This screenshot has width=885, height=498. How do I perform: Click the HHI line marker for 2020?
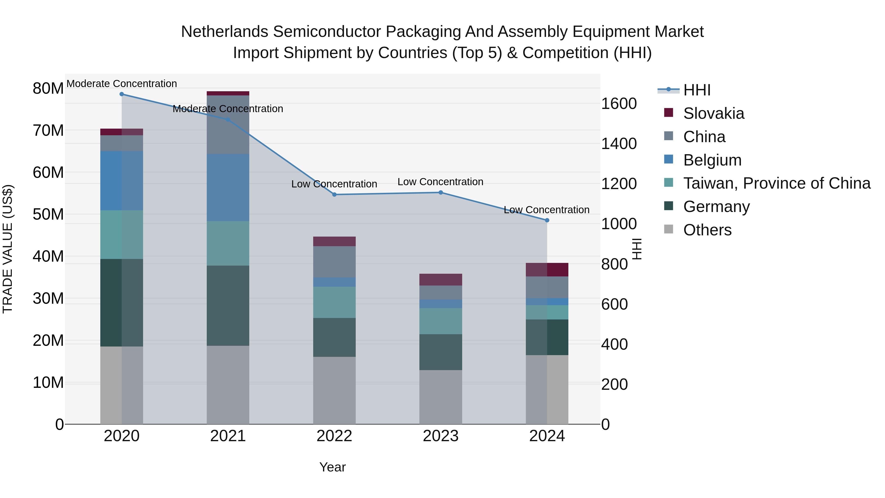122,94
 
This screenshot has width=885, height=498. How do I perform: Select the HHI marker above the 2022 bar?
334,195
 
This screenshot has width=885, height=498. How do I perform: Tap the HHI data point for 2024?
547,220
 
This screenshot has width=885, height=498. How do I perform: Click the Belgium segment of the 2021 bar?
228,187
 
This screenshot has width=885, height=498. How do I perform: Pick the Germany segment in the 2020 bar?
122,302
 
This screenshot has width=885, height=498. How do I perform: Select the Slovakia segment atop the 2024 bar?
547,270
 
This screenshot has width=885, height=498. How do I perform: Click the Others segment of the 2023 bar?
441,397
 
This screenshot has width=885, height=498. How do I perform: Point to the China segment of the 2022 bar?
334,262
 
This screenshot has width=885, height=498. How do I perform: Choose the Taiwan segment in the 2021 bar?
228,243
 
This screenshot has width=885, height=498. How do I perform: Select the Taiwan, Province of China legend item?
776,183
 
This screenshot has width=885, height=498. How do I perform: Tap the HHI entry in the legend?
697,90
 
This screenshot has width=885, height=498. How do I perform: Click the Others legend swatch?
669,229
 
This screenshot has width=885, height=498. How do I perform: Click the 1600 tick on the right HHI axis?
619,104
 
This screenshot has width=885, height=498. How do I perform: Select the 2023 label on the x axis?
441,436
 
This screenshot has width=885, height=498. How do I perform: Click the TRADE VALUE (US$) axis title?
8,249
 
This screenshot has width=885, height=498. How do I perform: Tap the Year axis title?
332,467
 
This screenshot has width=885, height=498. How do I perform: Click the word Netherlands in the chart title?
224,32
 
